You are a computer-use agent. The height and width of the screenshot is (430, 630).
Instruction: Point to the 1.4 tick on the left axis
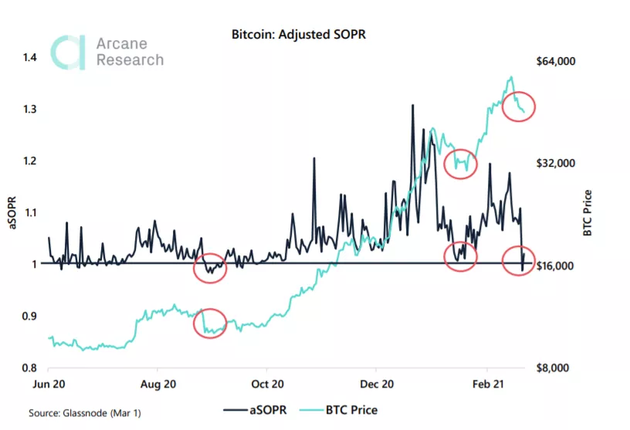(30, 58)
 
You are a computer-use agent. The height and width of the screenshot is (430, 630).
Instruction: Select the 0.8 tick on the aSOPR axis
(30, 367)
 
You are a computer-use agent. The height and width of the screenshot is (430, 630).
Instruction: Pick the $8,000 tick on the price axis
(555, 367)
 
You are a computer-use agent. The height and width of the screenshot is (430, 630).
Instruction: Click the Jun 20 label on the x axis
(49, 383)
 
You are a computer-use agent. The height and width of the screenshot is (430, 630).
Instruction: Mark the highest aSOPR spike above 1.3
(413, 105)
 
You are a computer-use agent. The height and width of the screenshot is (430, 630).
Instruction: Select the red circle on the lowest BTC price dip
(210, 323)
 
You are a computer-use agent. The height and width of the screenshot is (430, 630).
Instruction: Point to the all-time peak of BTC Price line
(511, 77)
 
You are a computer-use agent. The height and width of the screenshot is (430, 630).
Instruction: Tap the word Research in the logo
(130, 60)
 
